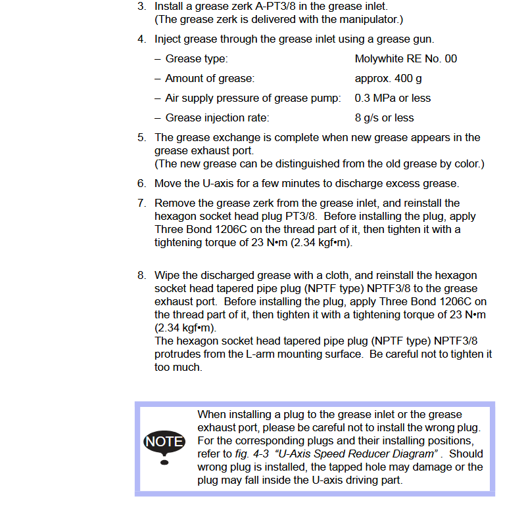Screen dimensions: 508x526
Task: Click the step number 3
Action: coord(141,7)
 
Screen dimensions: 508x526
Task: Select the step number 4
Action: coord(141,39)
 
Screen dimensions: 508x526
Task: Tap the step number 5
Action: coord(141,138)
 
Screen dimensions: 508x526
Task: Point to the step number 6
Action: coord(141,184)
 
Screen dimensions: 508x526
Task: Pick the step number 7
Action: coord(141,203)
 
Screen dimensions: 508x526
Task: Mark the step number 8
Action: coord(141,276)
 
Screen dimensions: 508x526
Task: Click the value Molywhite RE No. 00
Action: coord(406,59)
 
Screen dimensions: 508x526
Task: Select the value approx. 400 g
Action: coord(388,79)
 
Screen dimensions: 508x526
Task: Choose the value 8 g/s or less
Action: coord(384,118)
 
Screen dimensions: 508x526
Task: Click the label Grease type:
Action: coord(197,59)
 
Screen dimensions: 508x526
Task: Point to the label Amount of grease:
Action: coord(210,79)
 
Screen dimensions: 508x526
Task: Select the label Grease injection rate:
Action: coord(217,118)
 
